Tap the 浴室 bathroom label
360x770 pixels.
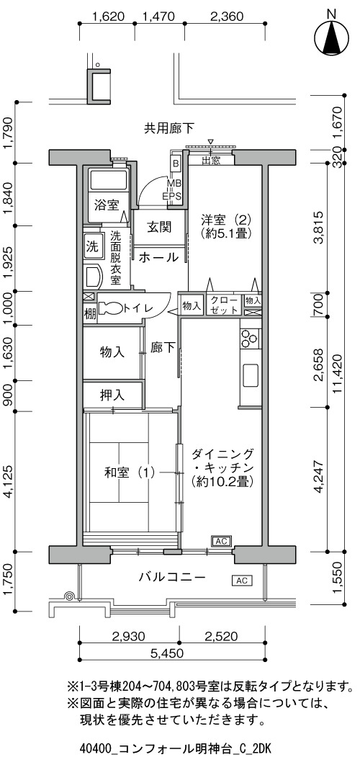107,205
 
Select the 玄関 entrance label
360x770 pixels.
159,227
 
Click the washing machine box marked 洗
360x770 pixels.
92,245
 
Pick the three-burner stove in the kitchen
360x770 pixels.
248,338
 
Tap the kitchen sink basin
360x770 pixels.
250,376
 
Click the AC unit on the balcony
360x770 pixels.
242,581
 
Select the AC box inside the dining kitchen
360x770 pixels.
220,541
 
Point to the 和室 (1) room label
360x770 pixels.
130,473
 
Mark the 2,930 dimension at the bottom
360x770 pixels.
129,637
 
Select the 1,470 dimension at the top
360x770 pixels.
158,17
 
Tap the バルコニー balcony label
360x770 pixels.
171,577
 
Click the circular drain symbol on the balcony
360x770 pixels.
70,596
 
